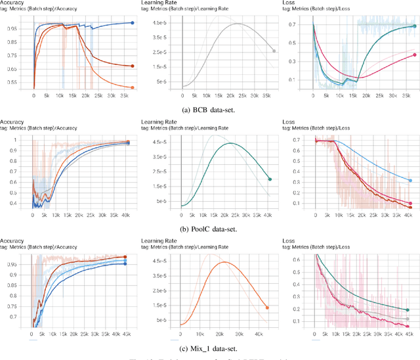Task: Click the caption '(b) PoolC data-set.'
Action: (209, 229)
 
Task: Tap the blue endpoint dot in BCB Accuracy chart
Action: (132, 23)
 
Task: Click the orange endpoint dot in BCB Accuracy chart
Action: (132, 87)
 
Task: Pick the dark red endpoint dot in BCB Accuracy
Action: (132, 66)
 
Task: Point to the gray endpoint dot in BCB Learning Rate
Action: (274, 51)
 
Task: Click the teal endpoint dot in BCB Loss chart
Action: (414, 26)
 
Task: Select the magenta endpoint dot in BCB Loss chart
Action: (414, 55)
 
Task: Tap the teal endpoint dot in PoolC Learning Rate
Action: (270, 179)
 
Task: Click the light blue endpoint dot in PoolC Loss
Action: (410, 181)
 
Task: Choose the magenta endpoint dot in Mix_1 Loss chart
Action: (408, 326)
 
